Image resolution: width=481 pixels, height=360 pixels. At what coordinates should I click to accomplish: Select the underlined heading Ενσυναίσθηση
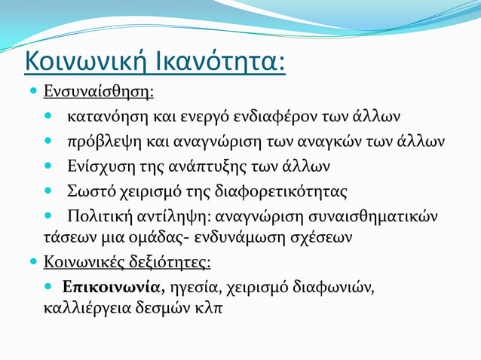tap(98, 93)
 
